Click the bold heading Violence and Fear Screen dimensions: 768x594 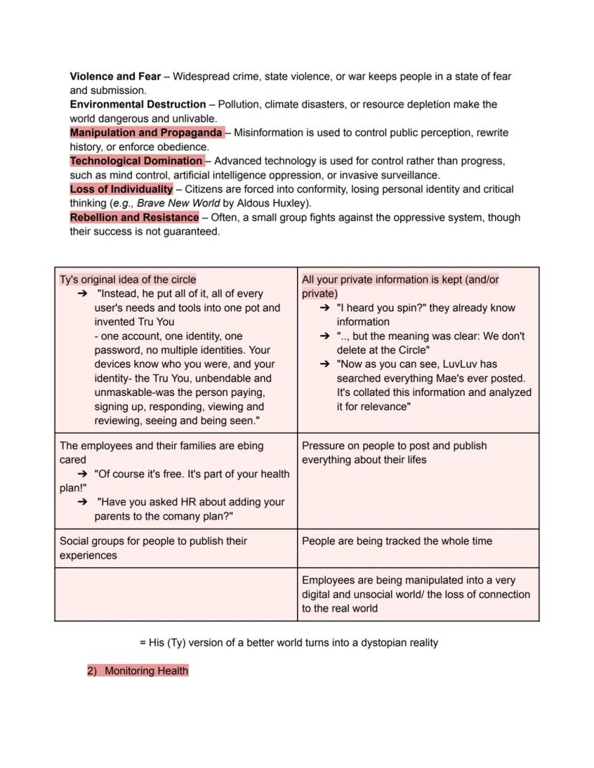(115, 76)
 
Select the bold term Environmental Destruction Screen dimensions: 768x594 (137, 104)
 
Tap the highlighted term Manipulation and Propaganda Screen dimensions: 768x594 (146, 133)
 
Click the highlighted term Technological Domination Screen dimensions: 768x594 (136, 161)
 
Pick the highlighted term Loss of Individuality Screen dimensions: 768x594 (121, 189)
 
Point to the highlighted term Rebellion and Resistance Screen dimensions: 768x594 (134, 217)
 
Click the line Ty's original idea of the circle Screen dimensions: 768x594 (128, 280)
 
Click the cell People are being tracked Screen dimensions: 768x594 (397, 541)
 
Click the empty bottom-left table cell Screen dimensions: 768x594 (176, 594)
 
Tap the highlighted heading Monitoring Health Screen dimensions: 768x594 (146, 671)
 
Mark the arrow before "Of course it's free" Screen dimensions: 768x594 (82, 474)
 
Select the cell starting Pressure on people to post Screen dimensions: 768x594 (394, 452)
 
